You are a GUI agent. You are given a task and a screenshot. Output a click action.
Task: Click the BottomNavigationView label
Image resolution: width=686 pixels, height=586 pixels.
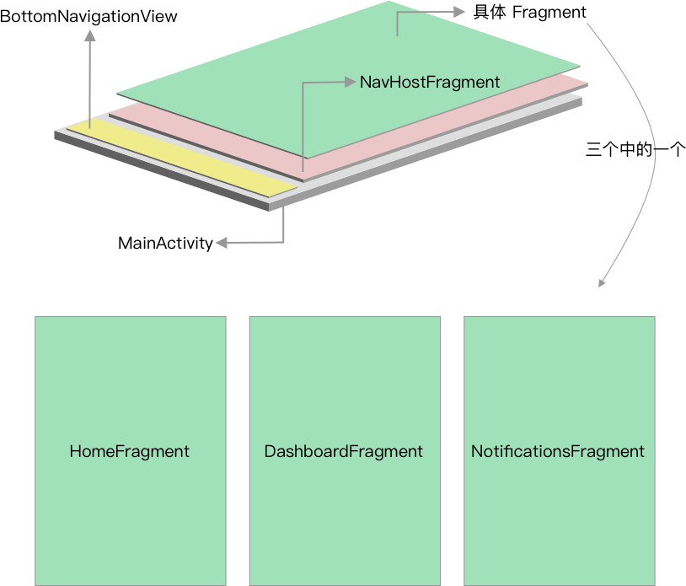click(x=88, y=17)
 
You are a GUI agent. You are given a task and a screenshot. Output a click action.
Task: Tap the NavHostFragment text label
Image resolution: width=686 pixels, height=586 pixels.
click(x=430, y=83)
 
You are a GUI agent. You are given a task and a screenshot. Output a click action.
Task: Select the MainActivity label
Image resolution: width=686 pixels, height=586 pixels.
click(x=165, y=243)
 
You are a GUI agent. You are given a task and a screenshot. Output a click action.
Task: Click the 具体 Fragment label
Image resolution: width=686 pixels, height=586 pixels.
click(x=529, y=13)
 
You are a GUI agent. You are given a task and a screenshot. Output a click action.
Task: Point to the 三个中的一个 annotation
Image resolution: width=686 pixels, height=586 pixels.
click(x=635, y=149)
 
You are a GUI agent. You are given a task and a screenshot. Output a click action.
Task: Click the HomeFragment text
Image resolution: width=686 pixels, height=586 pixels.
click(x=130, y=451)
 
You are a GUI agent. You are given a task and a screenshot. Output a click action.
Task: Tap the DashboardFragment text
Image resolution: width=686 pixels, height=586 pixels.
click(x=344, y=451)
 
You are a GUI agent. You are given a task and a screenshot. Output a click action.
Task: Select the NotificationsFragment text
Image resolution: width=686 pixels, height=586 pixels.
click(x=558, y=451)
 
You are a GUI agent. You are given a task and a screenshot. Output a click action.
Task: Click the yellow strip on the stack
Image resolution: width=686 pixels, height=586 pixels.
click(x=182, y=158)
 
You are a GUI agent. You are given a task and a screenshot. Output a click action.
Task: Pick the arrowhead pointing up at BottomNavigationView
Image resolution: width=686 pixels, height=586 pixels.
click(x=89, y=35)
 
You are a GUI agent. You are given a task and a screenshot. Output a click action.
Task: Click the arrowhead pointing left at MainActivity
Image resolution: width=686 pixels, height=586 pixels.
click(x=222, y=243)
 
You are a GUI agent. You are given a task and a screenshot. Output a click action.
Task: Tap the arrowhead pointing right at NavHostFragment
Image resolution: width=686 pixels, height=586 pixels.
click(x=350, y=82)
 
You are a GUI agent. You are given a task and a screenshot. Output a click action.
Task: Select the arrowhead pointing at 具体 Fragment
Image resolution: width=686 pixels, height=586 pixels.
click(x=459, y=12)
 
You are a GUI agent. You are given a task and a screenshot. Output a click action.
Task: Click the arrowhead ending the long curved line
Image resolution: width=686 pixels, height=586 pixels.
click(x=602, y=283)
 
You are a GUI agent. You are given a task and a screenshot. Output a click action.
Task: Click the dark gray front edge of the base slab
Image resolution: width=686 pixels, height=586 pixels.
click(x=161, y=171)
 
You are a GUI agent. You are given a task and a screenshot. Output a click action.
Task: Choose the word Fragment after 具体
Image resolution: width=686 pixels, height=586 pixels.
click(x=549, y=13)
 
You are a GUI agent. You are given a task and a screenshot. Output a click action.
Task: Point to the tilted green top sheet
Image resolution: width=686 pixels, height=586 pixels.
click(x=348, y=79)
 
